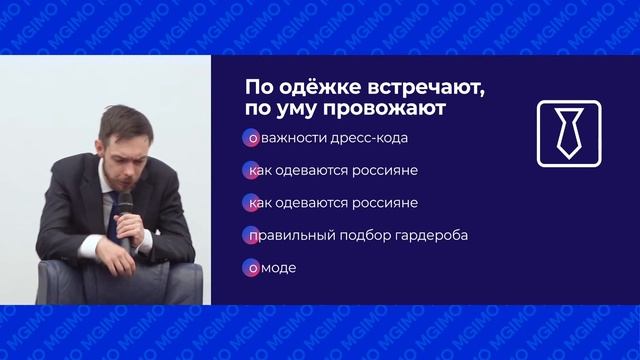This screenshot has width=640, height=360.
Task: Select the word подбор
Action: tap(369, 235)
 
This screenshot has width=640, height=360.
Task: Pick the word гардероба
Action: tap(433, 235)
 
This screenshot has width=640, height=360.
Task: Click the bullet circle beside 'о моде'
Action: tap(248, 268)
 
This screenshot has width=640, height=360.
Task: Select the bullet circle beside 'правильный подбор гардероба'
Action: tap(248, 235)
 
